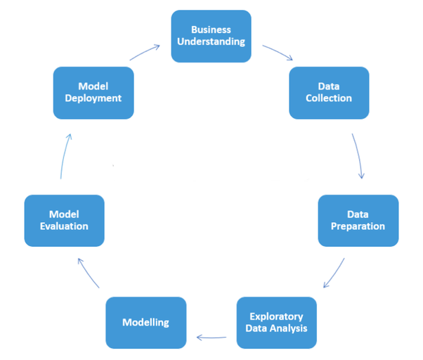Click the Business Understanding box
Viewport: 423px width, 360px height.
(211, 35)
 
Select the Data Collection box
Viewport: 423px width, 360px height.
(329, 92)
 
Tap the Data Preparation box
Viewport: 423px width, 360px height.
(358, 220)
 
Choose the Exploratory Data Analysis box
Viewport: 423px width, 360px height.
(277, 323)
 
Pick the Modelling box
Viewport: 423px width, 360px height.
(146, 323)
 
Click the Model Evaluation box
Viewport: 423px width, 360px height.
(64, 220)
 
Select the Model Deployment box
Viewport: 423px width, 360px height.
(93, 92)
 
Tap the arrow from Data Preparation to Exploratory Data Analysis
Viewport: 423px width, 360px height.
(334, 274)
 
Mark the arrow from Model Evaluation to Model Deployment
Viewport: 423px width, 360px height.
(63, 156)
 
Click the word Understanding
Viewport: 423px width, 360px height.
(211, 41)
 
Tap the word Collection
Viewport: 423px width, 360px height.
(329, 98)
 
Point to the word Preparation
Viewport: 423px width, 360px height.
(358, 226)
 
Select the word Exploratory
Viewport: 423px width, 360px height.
(277, 316)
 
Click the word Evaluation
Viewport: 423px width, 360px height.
(64, 226)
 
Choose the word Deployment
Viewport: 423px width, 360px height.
(93, 98)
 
